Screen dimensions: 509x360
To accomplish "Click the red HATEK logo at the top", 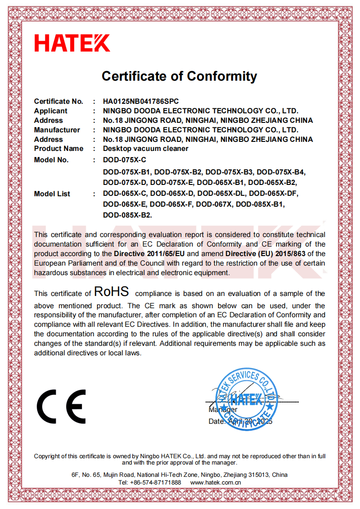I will pyautogui.click(x=72, y=43).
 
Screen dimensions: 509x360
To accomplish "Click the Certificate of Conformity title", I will pyautogui.click(x=179, y=76).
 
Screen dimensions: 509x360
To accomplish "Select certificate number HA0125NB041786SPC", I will pyautogui.click(x=144, y=101).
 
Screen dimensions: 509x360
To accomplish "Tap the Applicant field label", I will pyautogui.click(x=50, y=111).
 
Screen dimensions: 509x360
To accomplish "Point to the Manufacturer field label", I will pyautogui.click(x=57, y=130).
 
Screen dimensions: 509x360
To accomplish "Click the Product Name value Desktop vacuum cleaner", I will pyautogui.click(x=146, y=148).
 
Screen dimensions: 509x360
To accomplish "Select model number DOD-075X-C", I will pyautogui.click(x=125, y=160).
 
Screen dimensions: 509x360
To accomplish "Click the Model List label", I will pyautogui.click(x=52, y=194).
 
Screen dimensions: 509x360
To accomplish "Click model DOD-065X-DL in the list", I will pyautogui.click(x=221, y=194).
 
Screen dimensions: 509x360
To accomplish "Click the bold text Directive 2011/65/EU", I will pyautogui.click(x=150, y=253).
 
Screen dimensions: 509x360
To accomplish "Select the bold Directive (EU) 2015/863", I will pyautogui.click(x=265, y=253).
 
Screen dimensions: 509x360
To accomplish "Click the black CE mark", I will pyautogui.click(x=62, y=406).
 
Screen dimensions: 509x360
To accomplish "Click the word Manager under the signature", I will pyautogui.click(x=223, y=410).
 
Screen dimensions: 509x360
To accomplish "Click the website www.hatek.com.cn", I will pyautogui.click(x=215, y=482).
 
